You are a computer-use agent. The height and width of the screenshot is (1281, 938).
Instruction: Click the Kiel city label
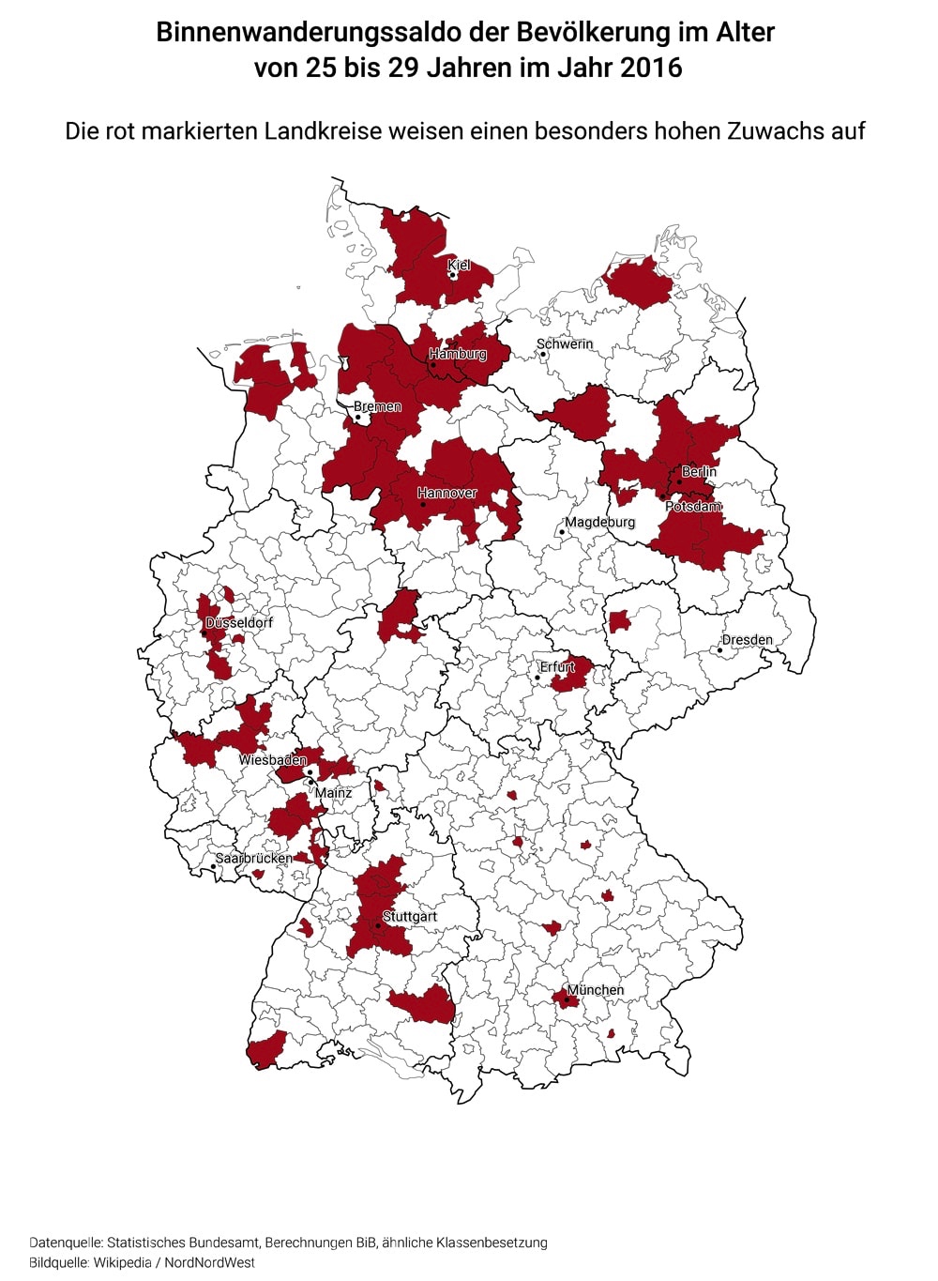459,266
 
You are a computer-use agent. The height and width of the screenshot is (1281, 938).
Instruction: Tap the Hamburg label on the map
458,354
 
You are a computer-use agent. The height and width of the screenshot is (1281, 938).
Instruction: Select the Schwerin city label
565,343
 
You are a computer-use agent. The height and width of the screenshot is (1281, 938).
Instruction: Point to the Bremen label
377,406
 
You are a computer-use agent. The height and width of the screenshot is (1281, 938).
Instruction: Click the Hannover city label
446,493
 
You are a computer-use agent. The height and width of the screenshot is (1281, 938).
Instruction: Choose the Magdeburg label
599,522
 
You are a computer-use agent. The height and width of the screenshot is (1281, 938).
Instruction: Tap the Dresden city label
747,640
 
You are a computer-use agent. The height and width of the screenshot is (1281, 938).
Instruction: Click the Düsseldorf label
239,622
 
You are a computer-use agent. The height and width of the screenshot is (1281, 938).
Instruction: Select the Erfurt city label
557,666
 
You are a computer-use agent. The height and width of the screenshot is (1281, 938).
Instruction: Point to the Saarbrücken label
254,858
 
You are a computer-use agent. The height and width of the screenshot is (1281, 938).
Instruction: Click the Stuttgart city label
410,916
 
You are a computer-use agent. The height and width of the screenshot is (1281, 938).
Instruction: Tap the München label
596,989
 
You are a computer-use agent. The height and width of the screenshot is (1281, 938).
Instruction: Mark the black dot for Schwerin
543,355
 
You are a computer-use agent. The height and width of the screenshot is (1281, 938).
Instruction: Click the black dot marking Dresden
720,649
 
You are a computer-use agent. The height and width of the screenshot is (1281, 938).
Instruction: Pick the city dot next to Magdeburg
562,532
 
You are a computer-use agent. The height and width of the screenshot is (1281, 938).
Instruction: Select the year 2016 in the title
651,68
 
